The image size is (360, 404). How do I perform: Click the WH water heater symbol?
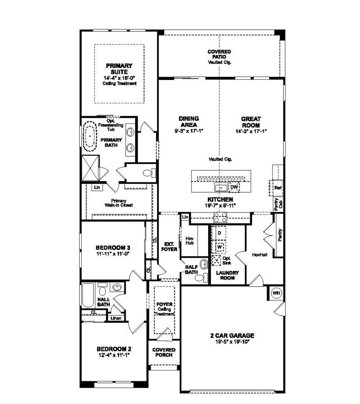point(276,293)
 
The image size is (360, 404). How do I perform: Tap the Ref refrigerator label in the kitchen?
point(278,188)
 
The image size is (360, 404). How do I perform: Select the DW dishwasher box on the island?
point(234,187)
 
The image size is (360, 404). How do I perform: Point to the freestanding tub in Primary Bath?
point(90,136)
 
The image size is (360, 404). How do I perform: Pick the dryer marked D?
point(219,233)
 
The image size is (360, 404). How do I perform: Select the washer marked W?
point(219,247)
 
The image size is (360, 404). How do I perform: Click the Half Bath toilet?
point(199,278)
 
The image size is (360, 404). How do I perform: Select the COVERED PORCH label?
point(164,352)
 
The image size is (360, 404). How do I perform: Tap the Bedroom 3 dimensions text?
point(113,254)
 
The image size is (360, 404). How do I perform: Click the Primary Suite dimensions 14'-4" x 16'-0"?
point(119,78)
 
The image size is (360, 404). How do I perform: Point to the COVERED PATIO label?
point(219,55)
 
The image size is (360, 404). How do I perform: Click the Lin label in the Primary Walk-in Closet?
point(97,187)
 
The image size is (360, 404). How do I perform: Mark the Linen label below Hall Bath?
point(115,318)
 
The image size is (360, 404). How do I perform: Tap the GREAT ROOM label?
point(251,122)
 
